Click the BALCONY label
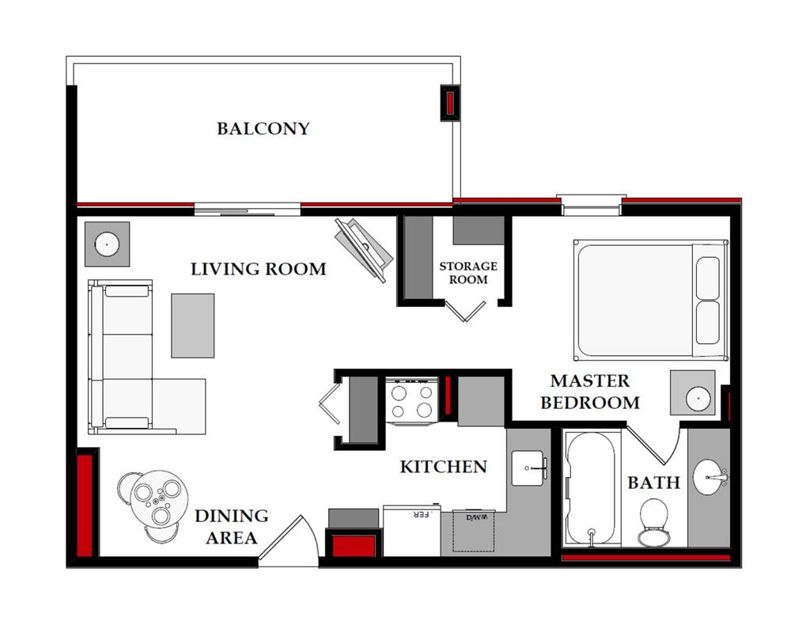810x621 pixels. coord(263,128)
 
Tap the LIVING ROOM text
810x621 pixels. coord(259,269)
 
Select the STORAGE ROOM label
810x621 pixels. coord(468,273)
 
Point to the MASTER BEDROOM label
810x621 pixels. coord(590,392)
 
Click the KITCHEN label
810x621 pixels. coord(443,467)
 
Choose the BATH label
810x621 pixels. coord(653,483)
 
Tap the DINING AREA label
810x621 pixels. coord(232,526)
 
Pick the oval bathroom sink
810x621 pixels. coord(710,477)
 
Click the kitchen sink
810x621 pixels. coord(528,468)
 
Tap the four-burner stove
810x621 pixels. coord(411,401)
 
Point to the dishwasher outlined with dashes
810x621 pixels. coord(474,531)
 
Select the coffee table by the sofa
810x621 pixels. coord(193,325)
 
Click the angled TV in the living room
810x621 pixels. coord(364,250)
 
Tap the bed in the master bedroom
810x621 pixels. coord(651,300)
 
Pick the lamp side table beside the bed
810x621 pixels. coord(693,392)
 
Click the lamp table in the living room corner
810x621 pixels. coord(107,244)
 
